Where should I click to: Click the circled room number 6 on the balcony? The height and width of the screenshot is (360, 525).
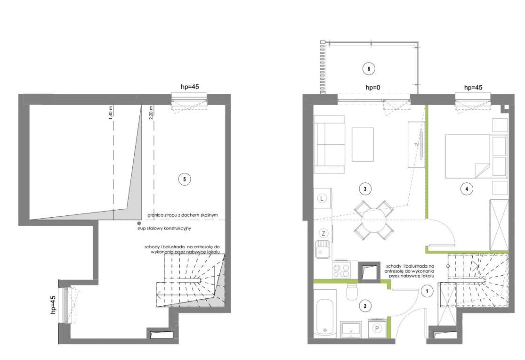(369, 69)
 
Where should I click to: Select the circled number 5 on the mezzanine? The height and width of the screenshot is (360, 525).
(184, 180)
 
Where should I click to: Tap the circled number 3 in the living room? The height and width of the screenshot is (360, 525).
(365, 188)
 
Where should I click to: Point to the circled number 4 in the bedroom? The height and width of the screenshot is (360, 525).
(467, 189)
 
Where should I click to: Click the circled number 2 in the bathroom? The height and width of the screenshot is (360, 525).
(365, 306)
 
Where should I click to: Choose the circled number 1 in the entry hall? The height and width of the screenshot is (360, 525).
(427, 291)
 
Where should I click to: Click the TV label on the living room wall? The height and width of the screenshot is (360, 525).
(416, 145)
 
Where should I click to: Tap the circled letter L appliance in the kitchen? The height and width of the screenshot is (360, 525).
(322, 198)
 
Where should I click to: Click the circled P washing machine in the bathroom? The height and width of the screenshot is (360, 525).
(377, 328)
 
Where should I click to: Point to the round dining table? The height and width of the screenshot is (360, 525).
(374, 221)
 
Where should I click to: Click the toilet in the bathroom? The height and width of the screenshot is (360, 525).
(352, 292)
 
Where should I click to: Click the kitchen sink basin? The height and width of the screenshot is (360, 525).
(323, 250)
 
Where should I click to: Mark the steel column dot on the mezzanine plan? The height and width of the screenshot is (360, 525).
(138, 223)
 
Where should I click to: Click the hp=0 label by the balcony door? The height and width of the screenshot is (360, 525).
(372, 88)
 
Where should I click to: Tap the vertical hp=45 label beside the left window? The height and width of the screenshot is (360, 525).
(53, 305)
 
